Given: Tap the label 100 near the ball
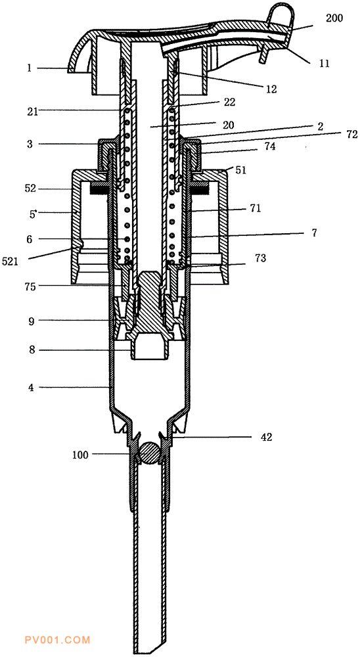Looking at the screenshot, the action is coord(81,455).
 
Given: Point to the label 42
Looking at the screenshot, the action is coord(267,437).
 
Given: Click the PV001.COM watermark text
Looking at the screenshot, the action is coord(58,640).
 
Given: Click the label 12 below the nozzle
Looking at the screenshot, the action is coord(271,89).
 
